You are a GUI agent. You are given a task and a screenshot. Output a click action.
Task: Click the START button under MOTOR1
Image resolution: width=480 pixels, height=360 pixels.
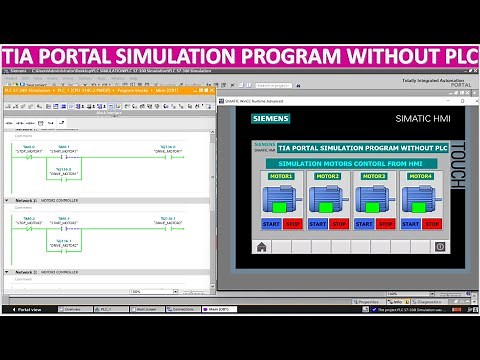[272, 224]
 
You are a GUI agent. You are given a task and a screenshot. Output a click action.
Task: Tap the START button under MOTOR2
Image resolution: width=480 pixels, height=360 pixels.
[319, 224]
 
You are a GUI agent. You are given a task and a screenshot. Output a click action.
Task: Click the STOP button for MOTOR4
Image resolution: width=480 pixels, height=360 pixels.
[436, 224]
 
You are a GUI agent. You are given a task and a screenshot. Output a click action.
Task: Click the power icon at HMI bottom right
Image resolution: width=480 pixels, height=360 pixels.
[438, 245]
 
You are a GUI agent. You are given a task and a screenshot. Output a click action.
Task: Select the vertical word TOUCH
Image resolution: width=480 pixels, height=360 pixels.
[458, 166]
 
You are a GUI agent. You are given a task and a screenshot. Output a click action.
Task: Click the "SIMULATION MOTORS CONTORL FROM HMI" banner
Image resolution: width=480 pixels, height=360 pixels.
[350, 162]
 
